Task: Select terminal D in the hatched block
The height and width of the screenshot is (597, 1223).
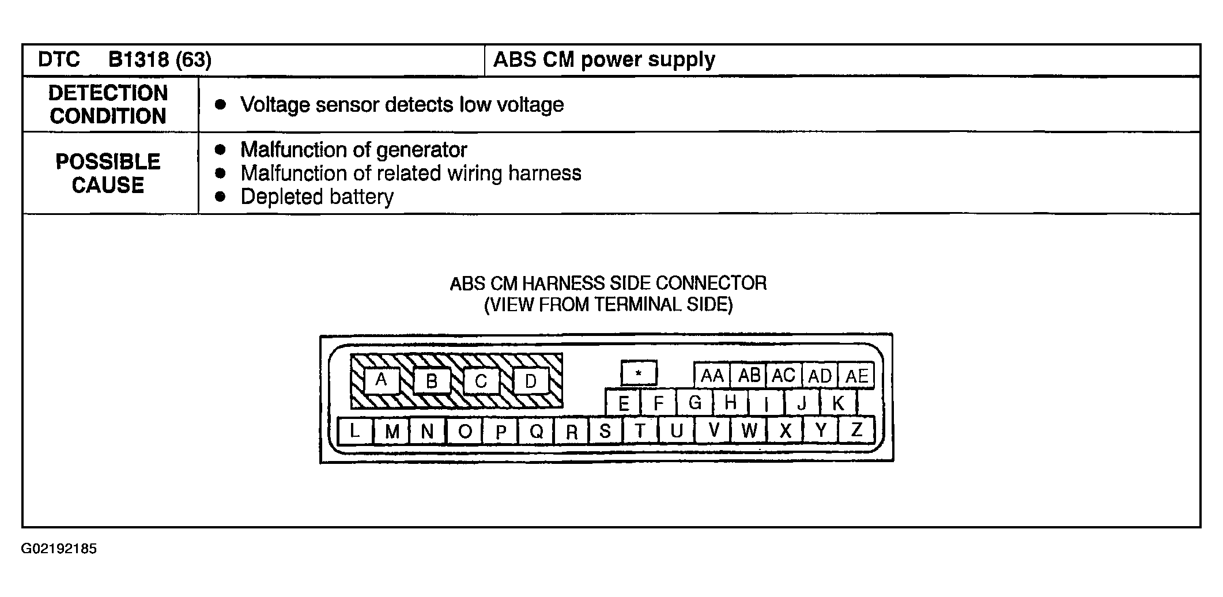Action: click(x=530, y=380)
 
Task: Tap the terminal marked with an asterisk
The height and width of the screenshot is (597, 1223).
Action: click(x=639, y=373)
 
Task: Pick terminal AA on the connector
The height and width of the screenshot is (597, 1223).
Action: click(x=712, y=376)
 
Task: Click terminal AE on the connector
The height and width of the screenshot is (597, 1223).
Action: click(x=856, y=376)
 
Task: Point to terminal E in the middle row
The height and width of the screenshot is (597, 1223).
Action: click(x=623, y=402)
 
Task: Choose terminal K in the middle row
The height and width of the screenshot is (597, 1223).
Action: click(x=839, y=402)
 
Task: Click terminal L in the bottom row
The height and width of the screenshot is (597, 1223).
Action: click(x=354, y=430)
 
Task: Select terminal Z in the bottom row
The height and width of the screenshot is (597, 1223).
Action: click(x=856, y=430)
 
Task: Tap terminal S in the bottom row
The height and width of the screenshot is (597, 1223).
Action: click(x=605, y=430)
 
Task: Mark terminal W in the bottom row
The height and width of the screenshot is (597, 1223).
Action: click(x=749, y=430)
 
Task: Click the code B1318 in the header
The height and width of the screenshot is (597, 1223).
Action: click(x=138, y=60)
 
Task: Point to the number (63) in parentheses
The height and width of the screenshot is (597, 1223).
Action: click(x=193, y=60)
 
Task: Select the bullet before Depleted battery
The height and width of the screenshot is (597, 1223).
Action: click(x=220, y=197)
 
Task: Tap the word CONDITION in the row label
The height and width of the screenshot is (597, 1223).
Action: click(x=108, y=116)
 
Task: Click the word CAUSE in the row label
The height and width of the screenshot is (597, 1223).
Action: click(x=108, y=186)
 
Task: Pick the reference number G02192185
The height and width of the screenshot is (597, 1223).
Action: click(x=59, y=549)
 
